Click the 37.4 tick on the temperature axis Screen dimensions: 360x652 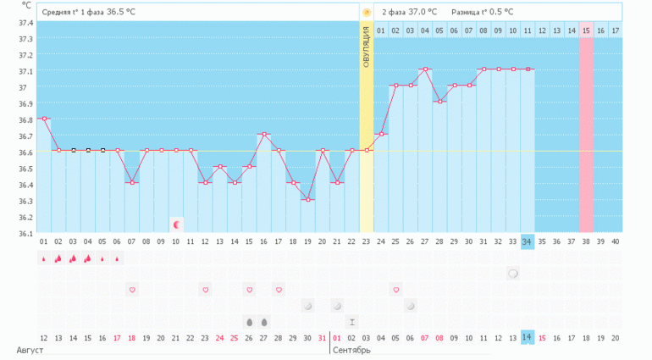(x=25, y=22)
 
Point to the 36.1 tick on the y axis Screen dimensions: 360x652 (x=25, y=233)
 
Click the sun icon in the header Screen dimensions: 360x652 (x=367, y=13)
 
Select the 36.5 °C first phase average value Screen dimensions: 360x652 (x=121, y=13)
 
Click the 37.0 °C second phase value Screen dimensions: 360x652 (x=422, y=13)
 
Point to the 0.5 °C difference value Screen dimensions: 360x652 (x=498, y=13)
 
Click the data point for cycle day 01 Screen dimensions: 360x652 (x=43, y=119)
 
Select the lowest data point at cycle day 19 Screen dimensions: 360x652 (x=307, y=200)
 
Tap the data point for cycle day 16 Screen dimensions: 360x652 (x=264, y=135)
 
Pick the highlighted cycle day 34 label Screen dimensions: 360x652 (x=527, y=241)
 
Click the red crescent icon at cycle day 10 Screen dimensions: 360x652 (x=176, y=224)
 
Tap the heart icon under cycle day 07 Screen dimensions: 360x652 (x=132, y=290)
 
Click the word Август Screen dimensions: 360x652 (x=30, y=350)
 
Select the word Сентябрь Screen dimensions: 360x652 (x=351, y=350)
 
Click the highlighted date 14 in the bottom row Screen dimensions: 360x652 (x=527, y=337)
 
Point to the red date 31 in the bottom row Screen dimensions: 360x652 (x=322, y=337)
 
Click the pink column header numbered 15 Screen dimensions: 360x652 (x=586, y=31)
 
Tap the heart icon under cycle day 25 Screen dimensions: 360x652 (x=395, y=290)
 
